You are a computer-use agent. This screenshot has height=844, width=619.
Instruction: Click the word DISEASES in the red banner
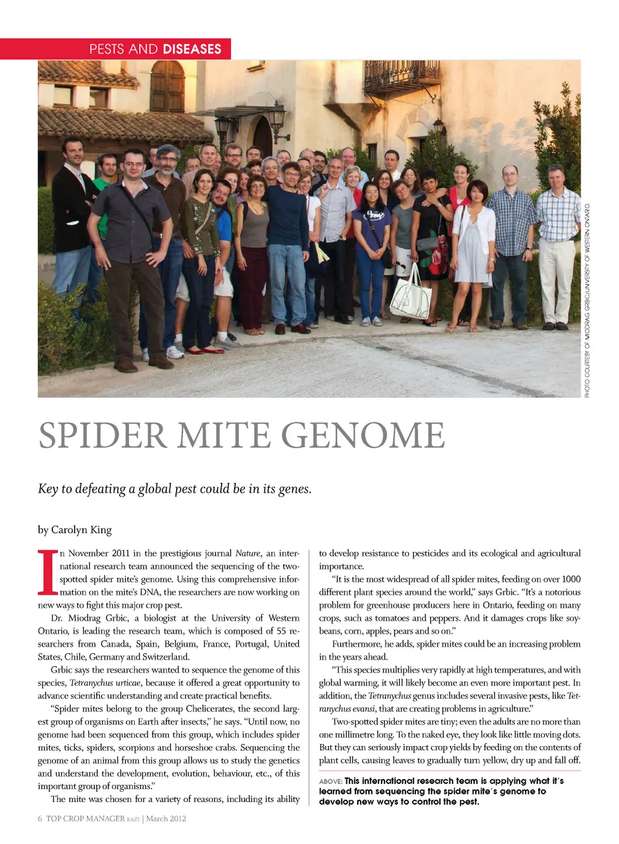pyautogui.click(x=192, y=49)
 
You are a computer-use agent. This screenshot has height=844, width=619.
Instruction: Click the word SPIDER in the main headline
pyautogui.click(x=103, y=435)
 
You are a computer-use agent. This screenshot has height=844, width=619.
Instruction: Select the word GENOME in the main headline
pyautogui.click(x=363, y=435)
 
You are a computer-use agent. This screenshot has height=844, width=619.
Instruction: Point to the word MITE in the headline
pyautogui.click(x=224, y=435)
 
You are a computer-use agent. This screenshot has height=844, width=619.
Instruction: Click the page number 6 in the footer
pyautogui.click(x=40, y=819)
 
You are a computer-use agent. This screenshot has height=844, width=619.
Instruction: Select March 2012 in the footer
pyautogui.click(x=166, y=819)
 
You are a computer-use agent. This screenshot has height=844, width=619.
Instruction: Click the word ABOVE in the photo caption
pyautogui.click(x=330, y=781)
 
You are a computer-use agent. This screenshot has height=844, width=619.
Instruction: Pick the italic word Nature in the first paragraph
pyautogui.click(x=248, y=553)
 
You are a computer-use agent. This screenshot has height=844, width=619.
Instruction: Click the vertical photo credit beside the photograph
pyautogui.click(x=587, y=300)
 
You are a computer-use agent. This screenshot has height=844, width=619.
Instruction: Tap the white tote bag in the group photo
pyautogui.click(x=411, y=296)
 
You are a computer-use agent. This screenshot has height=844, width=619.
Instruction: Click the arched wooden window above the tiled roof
pyautogui.click(x=167, y=86)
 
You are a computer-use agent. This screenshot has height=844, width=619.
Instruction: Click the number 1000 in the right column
pyautogui.click(x=571, y=579)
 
